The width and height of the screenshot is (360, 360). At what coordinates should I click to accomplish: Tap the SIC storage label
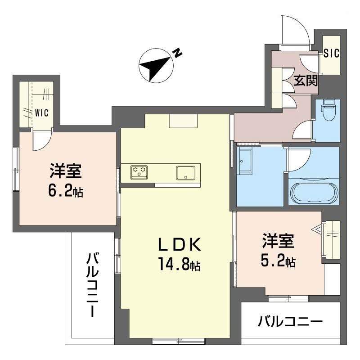click(x=332, y=53)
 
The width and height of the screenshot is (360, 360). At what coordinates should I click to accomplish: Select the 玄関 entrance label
click(x=306, y=81)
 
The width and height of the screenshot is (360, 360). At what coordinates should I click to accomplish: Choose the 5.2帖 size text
click(x=279, y=261)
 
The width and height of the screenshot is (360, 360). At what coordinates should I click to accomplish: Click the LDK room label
click(x=179, y=244)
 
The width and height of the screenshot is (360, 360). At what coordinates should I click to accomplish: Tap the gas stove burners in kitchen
click(x=139, y=171)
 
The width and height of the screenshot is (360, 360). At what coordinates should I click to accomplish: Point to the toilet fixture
click(x=327, y=111)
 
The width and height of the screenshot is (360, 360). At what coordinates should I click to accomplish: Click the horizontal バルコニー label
click(x=290, y=322)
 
